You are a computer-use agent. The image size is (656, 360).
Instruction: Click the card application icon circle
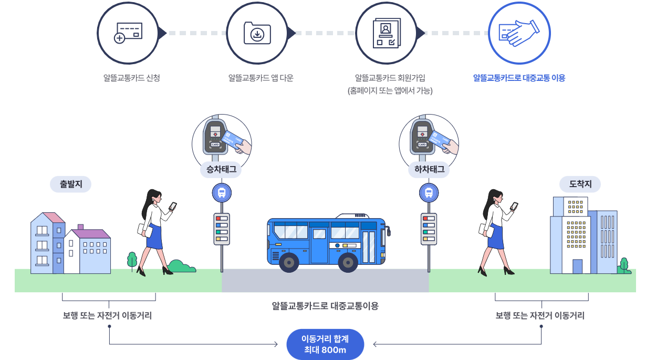pyautogui.click(x=128, y=33)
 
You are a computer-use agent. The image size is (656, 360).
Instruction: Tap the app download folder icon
pyautogui.click(x=257, y=33)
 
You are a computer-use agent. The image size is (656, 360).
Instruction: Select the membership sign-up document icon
pyautogui.click(x=387, y=33)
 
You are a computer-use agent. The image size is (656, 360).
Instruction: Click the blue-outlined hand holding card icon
pyautogui.click(x=519, y=33)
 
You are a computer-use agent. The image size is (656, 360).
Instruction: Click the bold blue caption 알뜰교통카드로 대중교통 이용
pyautogui.click(x=519, y=78)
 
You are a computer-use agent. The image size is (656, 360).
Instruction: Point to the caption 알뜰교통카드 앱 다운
pyautogui.click(x=261, y=78)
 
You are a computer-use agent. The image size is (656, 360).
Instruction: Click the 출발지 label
pyautogui.click(x=70, y=184)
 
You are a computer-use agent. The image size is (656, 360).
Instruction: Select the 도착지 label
pyautogui.click(x=580, y=184)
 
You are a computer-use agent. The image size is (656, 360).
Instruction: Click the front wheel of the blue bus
pyautogui.click(x=348, y=262)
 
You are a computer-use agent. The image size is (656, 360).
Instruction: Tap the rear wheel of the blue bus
pyautogui.click(x=289, y=262)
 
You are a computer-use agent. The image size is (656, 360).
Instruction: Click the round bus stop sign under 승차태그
pyautogui.click(x=222, y=193)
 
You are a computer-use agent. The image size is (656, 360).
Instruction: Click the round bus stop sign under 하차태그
pyautogui.click(x=429, y=193)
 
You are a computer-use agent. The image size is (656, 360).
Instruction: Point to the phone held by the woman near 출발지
pyautogui.click(x=173, y=206)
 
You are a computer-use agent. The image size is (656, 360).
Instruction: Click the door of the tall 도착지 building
pyautogui.click(x=577, y=266)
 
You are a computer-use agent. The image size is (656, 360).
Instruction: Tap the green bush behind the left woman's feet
pyautogui.click(x=181, y=266)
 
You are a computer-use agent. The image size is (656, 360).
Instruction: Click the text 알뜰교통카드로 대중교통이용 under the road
pyautogui.click(x=325, y=306)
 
